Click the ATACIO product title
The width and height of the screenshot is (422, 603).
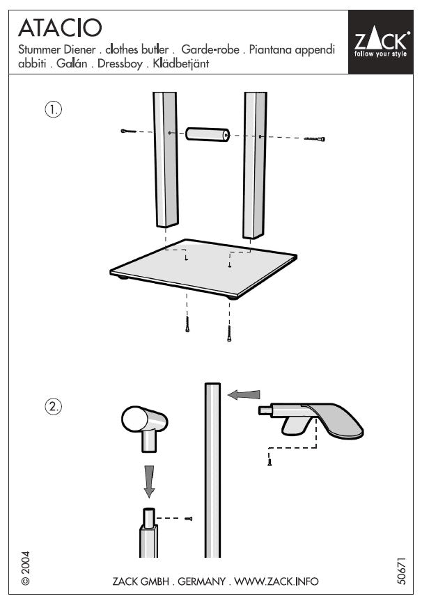[60, 28]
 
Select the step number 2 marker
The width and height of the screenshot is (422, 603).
[54, 408]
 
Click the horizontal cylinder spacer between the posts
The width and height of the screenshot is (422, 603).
[208, 134]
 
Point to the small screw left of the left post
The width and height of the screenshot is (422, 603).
[127, 131]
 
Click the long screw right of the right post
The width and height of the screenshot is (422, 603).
[315, 139]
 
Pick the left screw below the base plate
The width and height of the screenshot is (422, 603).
[187, 324]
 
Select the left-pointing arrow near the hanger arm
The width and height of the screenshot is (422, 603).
[244, 394]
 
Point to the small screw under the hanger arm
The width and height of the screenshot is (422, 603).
[269, 460]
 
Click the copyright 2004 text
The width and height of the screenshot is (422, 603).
[25, 568]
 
